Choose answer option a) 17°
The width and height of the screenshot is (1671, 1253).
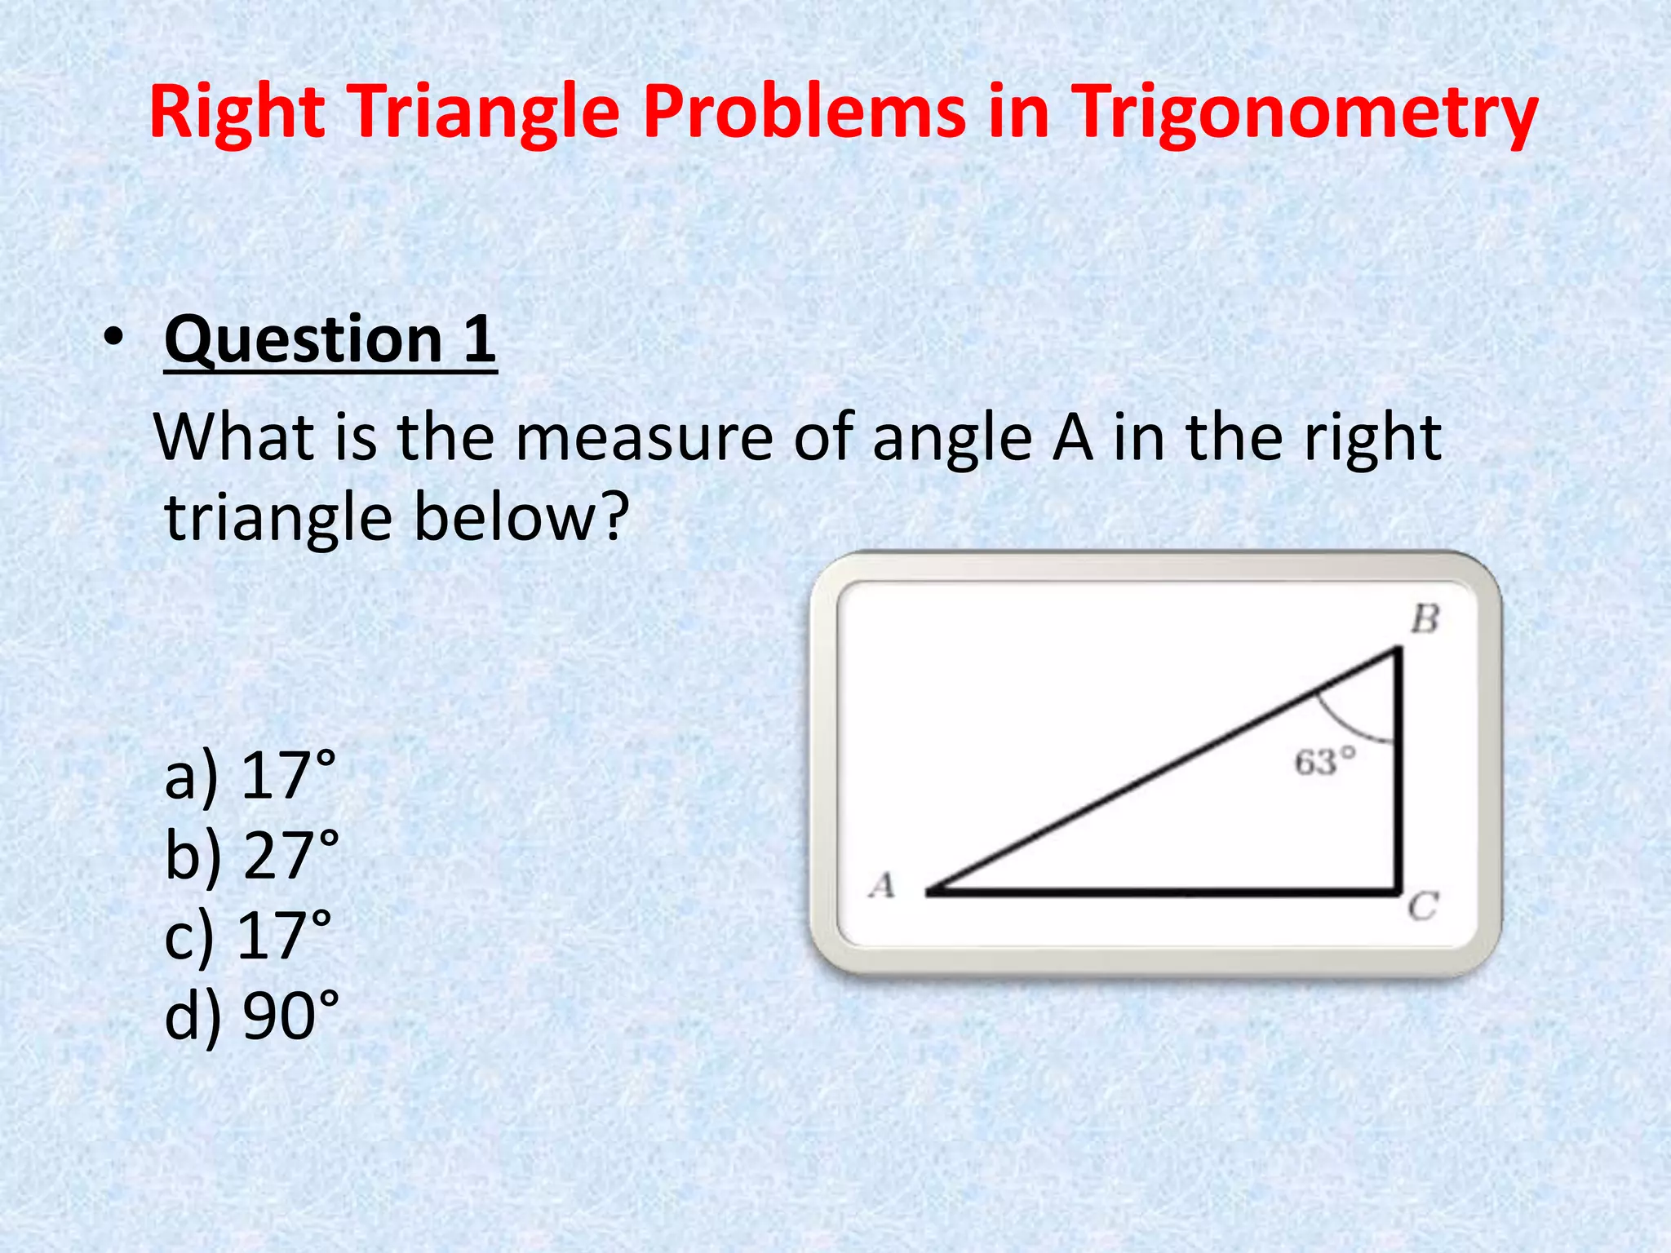click(x=250, y=775)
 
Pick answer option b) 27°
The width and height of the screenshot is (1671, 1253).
click(x=251, y=855)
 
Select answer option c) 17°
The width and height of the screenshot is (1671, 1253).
click(x=248, y=935)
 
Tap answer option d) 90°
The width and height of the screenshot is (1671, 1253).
click(x=251, y=1015)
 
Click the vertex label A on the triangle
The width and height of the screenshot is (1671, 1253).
click(x=882, y=885)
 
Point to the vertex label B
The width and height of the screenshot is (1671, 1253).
click(x=1425, y=620)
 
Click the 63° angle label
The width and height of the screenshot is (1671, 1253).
click(x=1325, y=764)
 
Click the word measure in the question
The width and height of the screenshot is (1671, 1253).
click(x=645, y=439)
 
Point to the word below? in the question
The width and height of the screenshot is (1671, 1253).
click(x=522, y=517)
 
